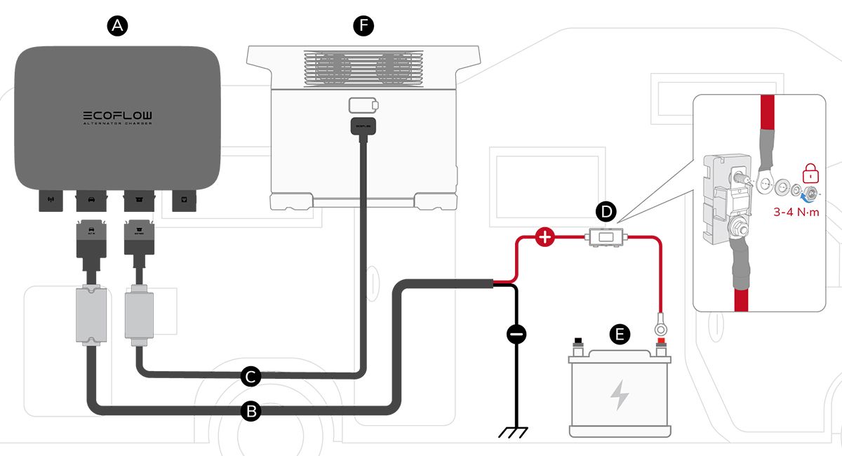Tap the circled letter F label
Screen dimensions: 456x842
(363, 26)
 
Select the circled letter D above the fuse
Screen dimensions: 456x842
(606, 210)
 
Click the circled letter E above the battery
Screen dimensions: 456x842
(618, 335)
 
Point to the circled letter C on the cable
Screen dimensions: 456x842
(250, 377)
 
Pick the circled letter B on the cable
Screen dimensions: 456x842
(250, 411)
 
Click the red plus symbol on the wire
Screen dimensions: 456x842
(545, 237)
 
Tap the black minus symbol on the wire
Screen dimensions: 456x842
(516, 335)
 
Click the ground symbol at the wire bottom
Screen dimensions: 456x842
(516, 431)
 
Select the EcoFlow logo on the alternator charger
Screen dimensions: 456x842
(118, 116)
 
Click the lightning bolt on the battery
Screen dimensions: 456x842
(619, 395)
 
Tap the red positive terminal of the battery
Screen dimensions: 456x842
(660, 343)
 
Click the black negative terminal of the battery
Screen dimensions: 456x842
(578, 343)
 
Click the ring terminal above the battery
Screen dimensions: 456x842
(660, 325)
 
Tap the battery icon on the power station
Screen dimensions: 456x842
(363, 105)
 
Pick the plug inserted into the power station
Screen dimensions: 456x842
(363, 128)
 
